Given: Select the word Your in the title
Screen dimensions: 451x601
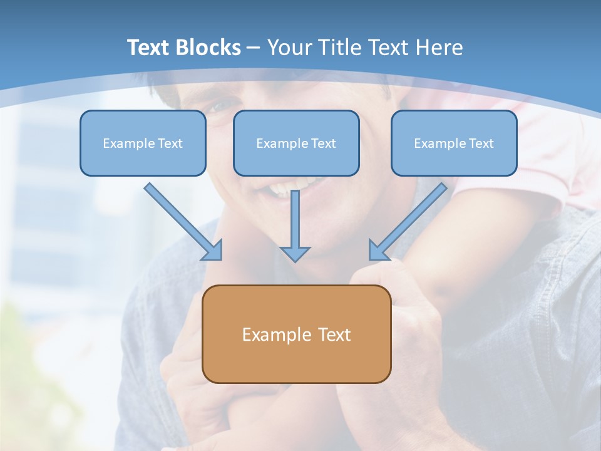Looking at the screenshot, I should click(x=290, y=48).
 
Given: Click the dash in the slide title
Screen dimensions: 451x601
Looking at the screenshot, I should click(x=254, y=48).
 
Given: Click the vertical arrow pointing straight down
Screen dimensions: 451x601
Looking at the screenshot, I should click(x=295, y=222).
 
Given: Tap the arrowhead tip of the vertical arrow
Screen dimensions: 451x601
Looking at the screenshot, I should click(x=295, y=259).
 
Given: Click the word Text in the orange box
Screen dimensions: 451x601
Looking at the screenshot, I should click(x=334, y=334).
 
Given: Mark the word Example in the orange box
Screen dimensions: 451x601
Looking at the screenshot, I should click(x=277, y=334).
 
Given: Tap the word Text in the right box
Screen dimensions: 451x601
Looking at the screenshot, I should click(x=481, y=143).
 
